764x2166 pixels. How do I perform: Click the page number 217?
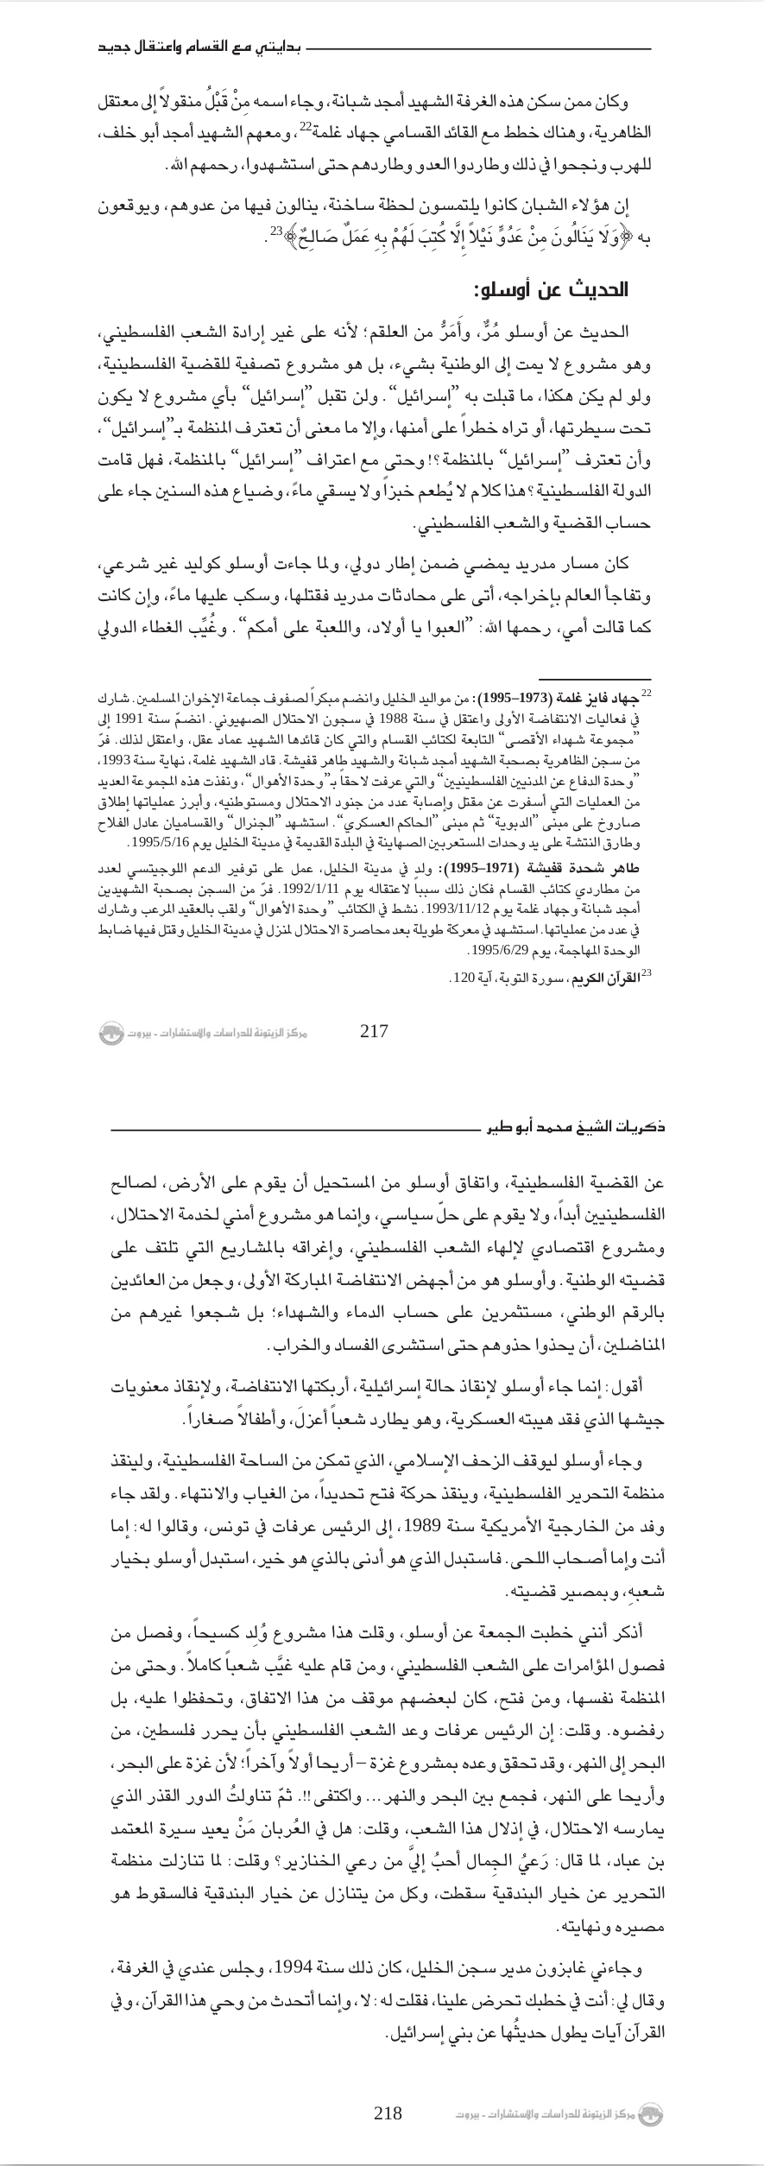(373, 1030)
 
